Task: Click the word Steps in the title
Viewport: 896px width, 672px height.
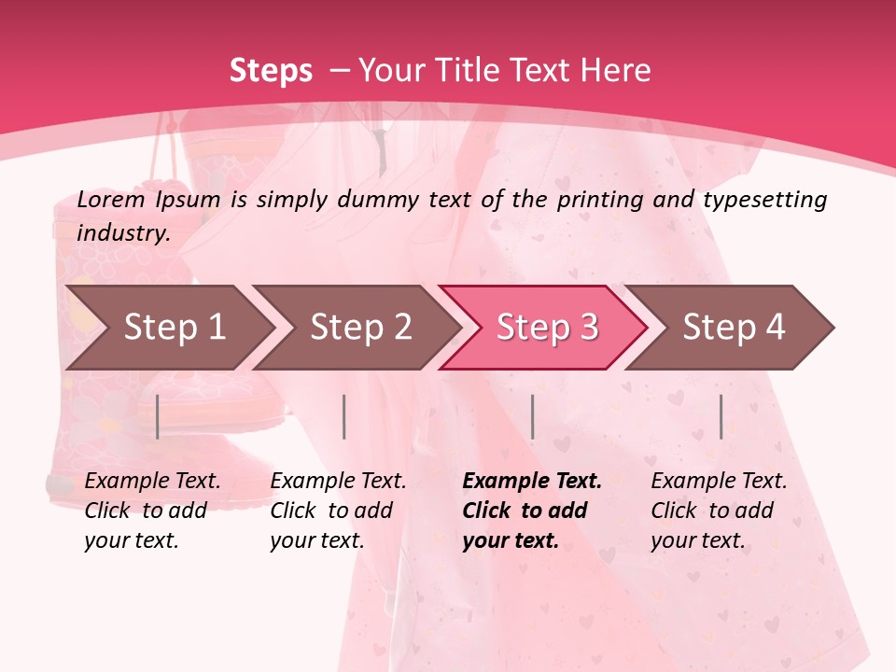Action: tap(271, 71)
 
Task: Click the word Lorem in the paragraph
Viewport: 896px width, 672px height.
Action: tap(111, 199)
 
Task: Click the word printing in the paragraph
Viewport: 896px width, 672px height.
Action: tap(596, 199)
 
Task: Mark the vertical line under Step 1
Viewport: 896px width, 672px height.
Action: tap(158, 416)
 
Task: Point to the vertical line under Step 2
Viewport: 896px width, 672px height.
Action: tap(344, 416)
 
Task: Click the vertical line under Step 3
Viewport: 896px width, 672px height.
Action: tap(532, 416)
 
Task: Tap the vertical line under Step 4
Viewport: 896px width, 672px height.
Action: tap(721, 416)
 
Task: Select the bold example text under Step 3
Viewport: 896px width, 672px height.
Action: tap(532, 511)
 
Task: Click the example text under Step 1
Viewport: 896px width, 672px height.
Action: tap(152, 511)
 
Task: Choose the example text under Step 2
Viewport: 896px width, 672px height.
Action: tap(338, 511)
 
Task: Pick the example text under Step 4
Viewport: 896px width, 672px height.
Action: tap(719, 511)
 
